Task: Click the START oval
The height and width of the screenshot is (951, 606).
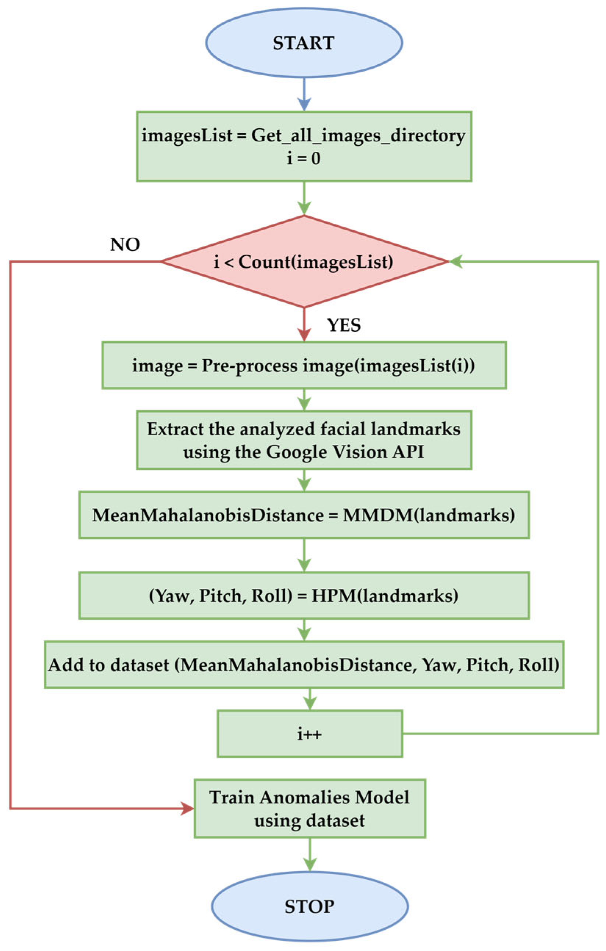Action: point(304,43)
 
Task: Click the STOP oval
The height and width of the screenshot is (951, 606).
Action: point(309,907)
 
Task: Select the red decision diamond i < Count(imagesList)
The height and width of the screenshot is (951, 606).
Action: point(304,262)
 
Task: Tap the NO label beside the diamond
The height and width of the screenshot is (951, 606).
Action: point(125,245)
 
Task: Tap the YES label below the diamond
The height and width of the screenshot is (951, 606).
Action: point(344,325)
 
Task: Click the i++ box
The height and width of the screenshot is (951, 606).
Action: point(310,734)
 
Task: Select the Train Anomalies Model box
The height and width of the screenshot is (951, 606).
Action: point(309,808)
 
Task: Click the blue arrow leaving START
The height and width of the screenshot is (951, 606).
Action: point(304,95)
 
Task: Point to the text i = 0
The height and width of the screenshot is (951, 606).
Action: point(304,159)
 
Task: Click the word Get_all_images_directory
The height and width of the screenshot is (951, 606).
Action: point(358,136)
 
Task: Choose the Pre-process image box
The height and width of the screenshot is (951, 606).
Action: point(304,365)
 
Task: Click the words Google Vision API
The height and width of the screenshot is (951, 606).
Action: point(345,452)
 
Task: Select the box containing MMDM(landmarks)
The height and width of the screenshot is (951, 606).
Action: point(304,515)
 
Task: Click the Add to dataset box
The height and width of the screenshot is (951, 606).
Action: point(304,665)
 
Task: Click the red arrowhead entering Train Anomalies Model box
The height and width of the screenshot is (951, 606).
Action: point(187,808)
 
